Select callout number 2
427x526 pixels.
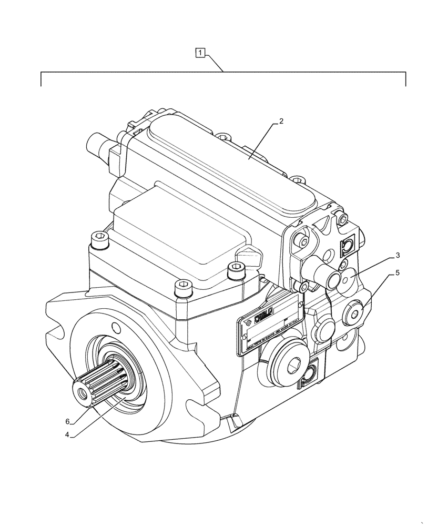(281, 121)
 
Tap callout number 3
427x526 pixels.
(398, 256)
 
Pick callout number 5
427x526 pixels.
(398, 273)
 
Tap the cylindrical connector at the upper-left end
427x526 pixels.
(97, 143)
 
